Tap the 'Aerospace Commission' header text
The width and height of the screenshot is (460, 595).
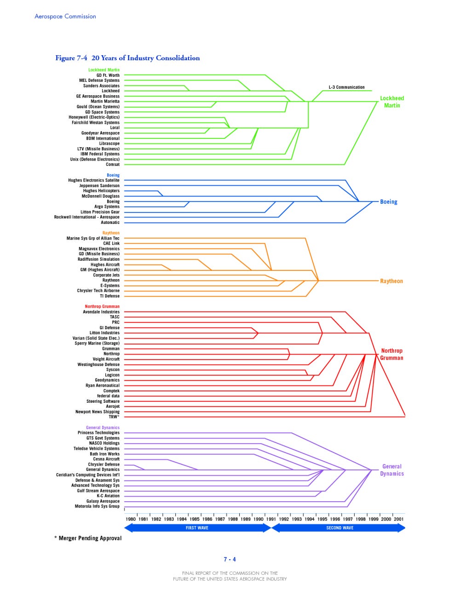click(x=65, y=17)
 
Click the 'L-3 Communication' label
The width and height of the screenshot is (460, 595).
click(x=346, y=87)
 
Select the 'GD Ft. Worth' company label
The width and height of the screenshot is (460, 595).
click(x=108, y=75)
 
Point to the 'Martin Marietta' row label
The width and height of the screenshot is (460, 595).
click(x=105, y=102)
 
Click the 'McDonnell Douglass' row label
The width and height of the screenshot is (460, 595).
click(x=100, y=196)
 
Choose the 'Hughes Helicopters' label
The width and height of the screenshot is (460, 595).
click(x=101, y=191)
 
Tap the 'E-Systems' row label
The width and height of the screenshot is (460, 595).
click(x=110, y=286)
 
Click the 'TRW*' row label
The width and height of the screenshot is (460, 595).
click(x=114, y=417)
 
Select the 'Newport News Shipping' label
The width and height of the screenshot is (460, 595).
click(x=97, y=412)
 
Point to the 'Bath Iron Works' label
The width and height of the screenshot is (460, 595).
click(x=104, y=454)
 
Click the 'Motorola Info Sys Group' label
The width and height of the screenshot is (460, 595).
click(x=97, y=506)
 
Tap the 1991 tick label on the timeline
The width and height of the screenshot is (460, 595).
click(x=271, y=519)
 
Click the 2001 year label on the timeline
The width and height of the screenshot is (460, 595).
click(x=399, y=519)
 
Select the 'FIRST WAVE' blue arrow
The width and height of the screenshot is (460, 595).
click(x=197, y=528)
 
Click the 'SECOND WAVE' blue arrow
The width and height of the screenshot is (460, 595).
click(x=339, y=528)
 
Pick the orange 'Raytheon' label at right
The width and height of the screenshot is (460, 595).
click(x=391, y=281)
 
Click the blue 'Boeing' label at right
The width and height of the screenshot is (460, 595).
click(x=388, y=202)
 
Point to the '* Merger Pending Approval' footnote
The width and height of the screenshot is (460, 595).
click(x=88, y=538)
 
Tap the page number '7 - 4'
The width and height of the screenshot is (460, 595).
click(x=230, y=560)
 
